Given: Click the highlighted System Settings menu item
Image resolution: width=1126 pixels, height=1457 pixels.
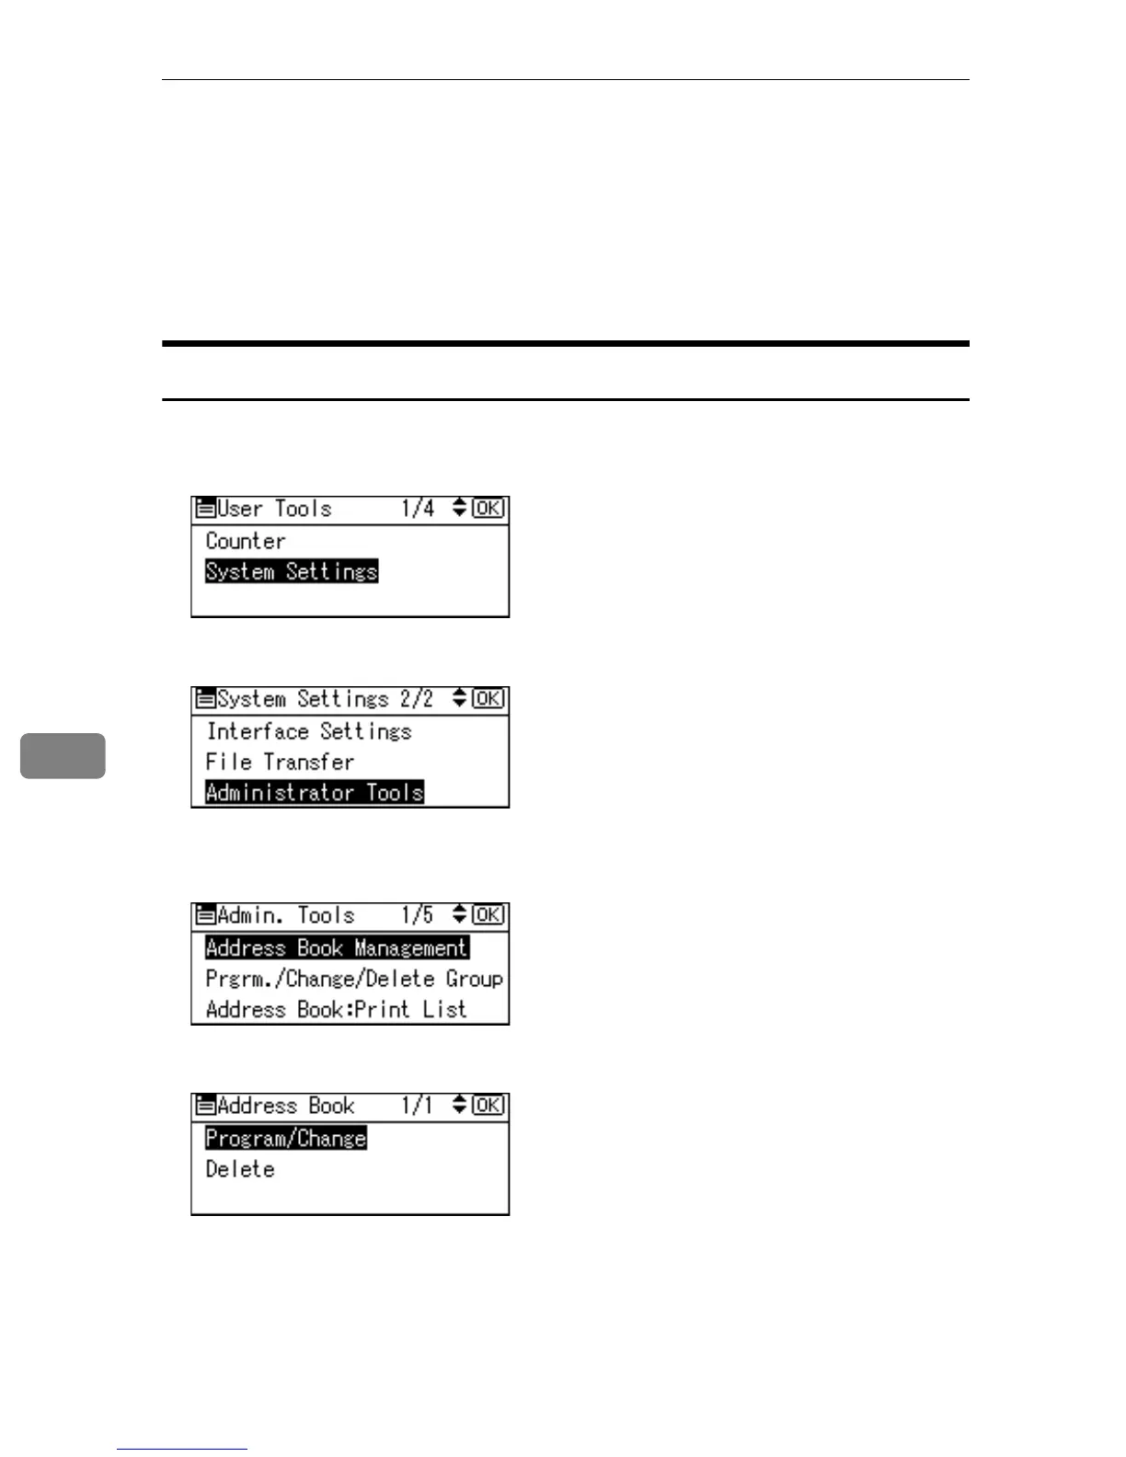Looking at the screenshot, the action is point(291,571).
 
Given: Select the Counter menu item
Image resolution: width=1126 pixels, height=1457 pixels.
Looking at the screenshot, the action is point(245,541).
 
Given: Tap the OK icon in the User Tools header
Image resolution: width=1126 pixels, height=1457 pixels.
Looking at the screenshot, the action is point(488,508).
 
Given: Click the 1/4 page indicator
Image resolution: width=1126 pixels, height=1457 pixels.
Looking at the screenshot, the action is point(418,508).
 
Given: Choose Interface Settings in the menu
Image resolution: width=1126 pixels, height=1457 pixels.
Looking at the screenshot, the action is point(308,731).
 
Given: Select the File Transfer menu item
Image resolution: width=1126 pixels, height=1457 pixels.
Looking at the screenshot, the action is point(280,762).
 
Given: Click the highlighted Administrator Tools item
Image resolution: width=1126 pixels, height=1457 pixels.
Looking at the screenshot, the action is point(314,792).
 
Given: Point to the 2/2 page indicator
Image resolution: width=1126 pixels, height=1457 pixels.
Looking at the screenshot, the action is point(416,698).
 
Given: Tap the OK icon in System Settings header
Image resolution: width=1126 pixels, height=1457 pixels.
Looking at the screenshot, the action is point(488,698).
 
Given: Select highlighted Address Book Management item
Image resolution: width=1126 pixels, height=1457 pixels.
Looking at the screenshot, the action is point(337,947).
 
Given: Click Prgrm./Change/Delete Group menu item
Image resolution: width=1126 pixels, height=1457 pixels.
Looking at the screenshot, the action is point(354,978).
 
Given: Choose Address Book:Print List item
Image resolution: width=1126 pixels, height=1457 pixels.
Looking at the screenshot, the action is point(336,1009).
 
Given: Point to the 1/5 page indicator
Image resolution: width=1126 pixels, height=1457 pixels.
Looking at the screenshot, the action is point(417,915).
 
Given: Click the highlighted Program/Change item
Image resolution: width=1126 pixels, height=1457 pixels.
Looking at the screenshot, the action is point(285,1138).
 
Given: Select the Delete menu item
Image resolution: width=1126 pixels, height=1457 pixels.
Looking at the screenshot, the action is point(240,1169).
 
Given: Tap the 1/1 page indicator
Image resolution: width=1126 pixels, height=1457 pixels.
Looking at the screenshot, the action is point(417,1105).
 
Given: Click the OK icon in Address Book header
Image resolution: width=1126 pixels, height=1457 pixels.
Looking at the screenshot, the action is point(488,1105).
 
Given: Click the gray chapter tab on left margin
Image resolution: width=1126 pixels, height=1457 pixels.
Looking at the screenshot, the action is point(63,755).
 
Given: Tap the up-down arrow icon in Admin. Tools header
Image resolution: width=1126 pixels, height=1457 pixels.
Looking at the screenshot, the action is point(459,914).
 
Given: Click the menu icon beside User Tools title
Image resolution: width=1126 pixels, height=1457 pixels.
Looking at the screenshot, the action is point(205,508).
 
